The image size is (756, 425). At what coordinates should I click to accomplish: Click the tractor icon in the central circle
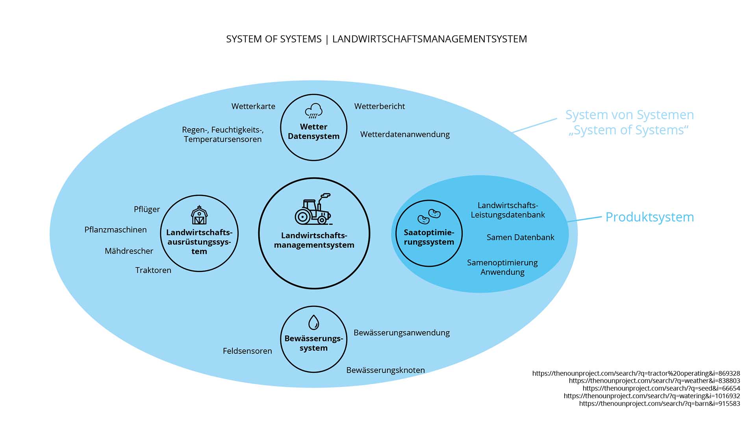point(313,209)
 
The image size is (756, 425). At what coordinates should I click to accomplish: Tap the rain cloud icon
point(314,111)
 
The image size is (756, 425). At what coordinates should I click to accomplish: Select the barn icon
point(199,215)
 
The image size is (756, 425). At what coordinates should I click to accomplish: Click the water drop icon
point(313,322)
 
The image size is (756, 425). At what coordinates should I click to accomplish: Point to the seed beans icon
point(429,216)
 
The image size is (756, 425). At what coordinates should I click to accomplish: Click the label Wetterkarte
point(253,106)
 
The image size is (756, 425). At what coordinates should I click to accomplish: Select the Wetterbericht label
point(379,106)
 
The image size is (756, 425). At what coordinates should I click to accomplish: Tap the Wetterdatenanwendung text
point(405,134)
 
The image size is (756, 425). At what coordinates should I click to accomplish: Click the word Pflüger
point(147,209)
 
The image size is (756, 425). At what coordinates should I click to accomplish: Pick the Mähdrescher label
point(129,251)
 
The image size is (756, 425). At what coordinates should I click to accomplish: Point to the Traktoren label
point(153,270)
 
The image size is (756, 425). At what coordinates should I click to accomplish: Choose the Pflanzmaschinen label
point(115,230)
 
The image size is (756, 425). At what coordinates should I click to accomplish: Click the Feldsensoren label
point(247,351)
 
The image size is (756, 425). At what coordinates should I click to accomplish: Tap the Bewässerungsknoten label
point(385,370)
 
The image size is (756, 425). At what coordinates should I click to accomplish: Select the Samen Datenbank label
point(520,237)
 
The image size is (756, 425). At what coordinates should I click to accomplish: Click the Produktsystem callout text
point(649,217)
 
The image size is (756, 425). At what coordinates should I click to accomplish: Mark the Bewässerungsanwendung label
point(401,333)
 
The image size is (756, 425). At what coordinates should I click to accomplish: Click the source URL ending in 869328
point(636,373)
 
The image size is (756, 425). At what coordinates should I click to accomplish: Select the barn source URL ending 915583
point(660,404)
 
